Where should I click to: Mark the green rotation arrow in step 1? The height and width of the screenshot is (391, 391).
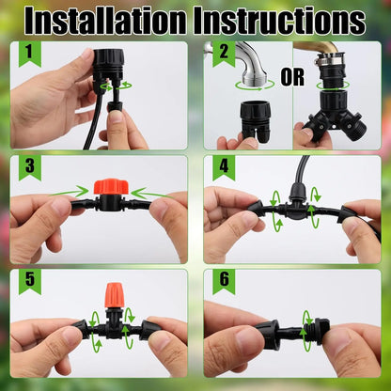point(117,84)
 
